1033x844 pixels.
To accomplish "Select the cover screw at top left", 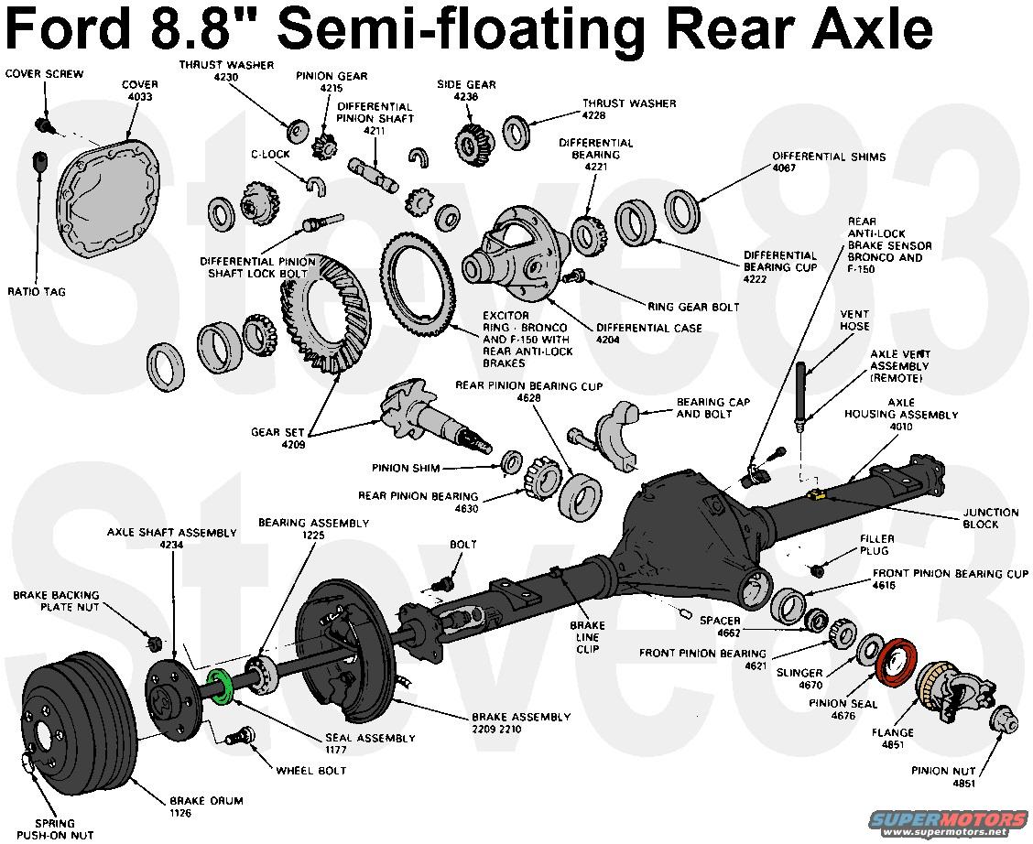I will pyautogui.click(x=40, y=124).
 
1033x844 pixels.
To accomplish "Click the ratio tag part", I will pyautogui.click(x=39, y=162).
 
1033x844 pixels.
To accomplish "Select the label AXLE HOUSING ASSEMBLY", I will pyautogui.click(x=901, y=408).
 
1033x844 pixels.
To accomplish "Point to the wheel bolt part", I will pyautogui.click(x=245, y=735).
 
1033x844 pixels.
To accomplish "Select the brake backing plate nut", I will pyautogui.click(x=155, y=640).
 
